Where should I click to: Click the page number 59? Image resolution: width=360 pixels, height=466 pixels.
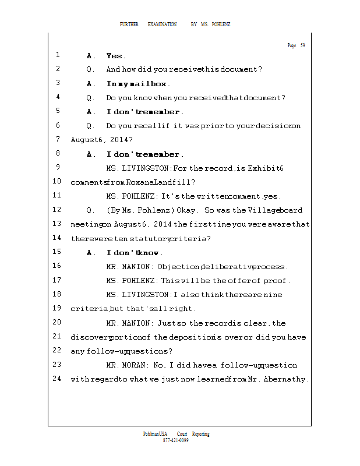click(302, 45)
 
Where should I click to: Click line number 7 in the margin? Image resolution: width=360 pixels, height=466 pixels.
click(58, 140)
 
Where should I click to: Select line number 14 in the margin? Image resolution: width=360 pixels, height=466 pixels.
click(57, 238)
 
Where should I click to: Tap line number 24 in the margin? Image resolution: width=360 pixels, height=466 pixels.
click(57, 379)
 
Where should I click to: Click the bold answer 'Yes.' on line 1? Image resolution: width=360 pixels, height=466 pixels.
click(116, 56)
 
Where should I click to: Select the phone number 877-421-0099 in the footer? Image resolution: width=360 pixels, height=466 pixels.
click(176, 440)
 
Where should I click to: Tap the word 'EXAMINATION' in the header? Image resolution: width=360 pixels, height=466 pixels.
click(163, 24)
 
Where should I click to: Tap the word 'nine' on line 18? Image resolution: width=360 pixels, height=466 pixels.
click(273, 295)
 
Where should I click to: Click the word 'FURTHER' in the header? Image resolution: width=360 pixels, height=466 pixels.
click(129, 24)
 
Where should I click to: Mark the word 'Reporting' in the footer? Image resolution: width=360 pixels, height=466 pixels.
click(200, 434)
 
